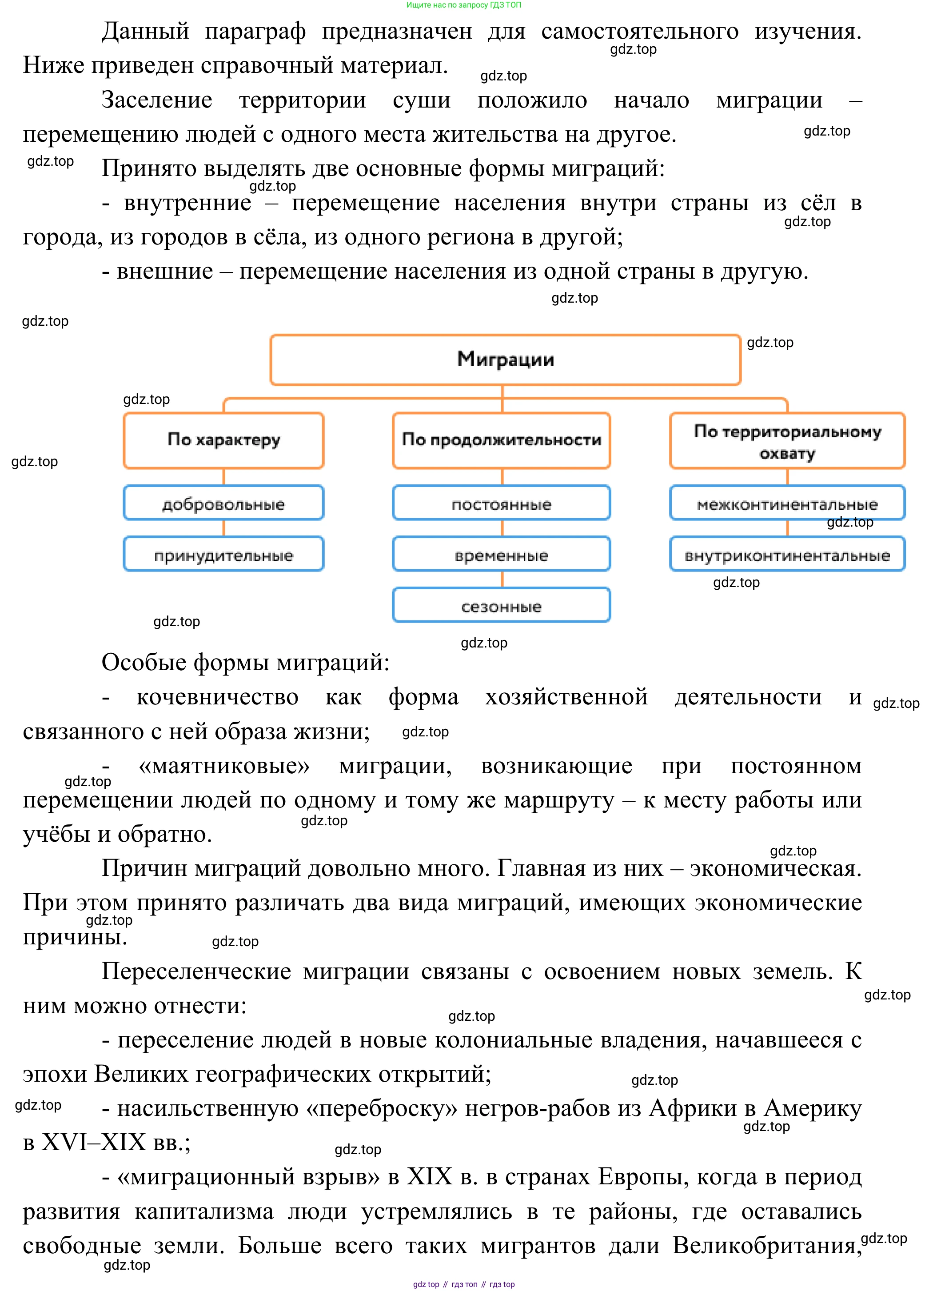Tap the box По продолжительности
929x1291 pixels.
[501, 440]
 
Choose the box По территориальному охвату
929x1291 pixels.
[787, 441]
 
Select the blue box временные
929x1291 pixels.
[501, 555]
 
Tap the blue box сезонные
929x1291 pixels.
[501, 606]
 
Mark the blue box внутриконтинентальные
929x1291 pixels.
[787, 555]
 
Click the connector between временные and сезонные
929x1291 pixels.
[502, 580]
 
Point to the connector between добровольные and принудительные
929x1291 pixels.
[224, 528]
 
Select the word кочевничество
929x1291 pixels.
[217, 697]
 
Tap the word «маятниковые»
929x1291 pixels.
[224, 766]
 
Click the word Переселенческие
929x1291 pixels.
[196, 971]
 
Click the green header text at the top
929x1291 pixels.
[463, 5]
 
